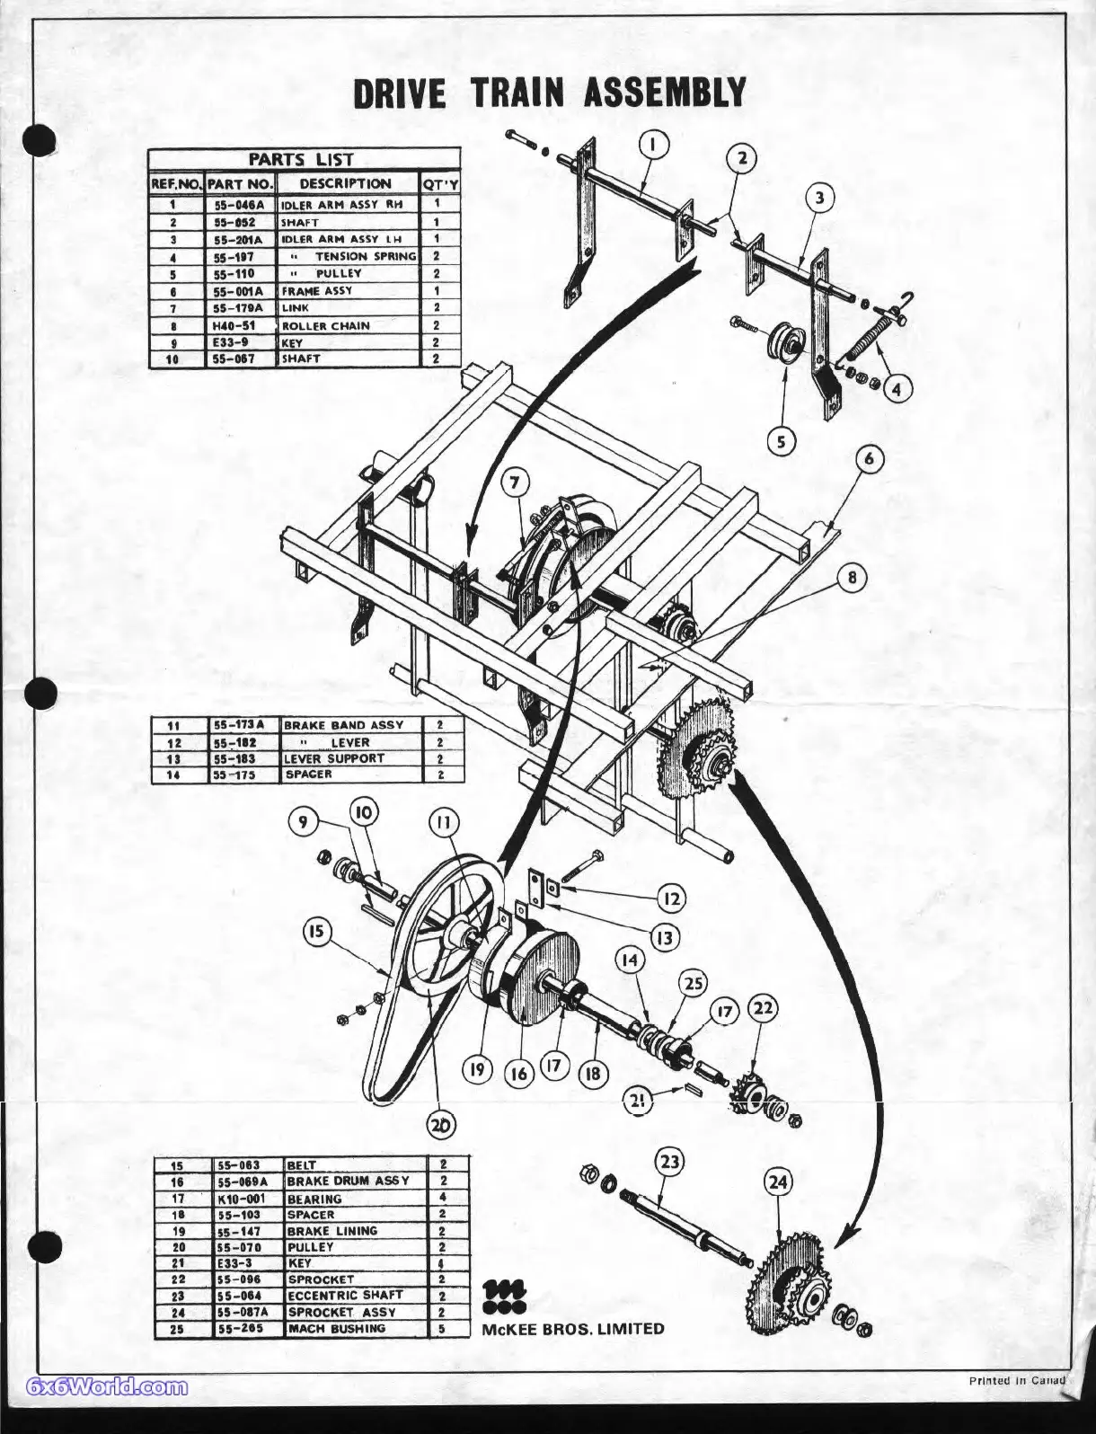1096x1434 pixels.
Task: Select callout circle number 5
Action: (x=782, y=441)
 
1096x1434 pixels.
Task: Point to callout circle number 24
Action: (x=778, y=1182)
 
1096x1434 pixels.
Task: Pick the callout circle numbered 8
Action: (x=852, y=579)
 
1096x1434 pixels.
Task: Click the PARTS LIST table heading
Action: (x=302, y=159)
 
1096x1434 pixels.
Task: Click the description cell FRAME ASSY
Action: (x=317, y=291)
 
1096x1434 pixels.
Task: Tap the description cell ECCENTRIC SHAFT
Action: (x=345, y=1296)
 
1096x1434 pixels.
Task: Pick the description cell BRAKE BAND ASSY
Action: (x=343, y=725)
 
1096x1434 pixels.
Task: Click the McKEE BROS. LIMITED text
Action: (x=573, y=1329)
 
